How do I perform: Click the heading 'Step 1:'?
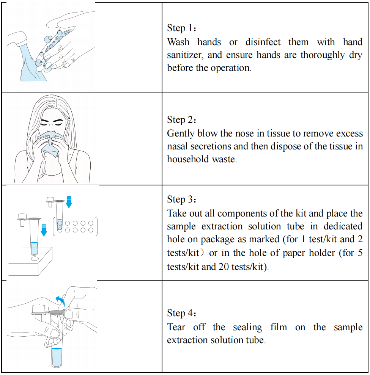(x=182, y=28)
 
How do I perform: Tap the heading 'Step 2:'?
(x=182, y=120)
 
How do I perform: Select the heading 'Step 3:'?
(x=182, y=199)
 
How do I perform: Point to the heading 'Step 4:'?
(x=182, y=313)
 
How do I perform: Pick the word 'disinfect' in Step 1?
(x=263, y=42)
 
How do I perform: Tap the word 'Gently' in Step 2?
(x=181, y=134)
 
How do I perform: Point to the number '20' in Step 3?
(x=224, y=267)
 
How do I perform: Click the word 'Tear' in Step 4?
(x=176, y=327)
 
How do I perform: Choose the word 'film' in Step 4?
(x=279, y=327)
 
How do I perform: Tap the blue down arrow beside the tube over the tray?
(x=69, y=202)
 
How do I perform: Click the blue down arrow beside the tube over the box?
(x=44, y=230)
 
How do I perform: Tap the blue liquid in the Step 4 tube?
(x=57, y=357)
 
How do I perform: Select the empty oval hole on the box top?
(x=35, y=259)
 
